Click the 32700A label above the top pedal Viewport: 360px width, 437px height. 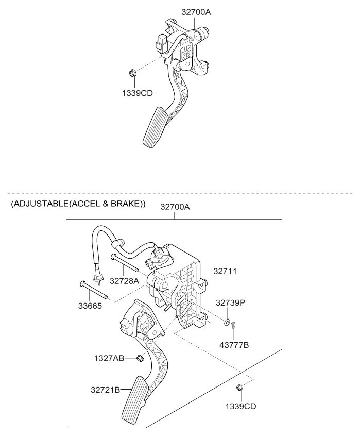pyautogui.click(x=196, y=12)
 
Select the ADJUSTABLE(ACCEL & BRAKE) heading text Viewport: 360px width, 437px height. pyautogui.click(x=78, y=205)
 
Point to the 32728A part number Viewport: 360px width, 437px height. pyautogui.click(x=124, y=281)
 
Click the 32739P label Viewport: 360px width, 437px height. pyautogui.click(x=230, y=303)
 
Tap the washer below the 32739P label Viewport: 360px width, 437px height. pyautogui.click(x=227, y=322)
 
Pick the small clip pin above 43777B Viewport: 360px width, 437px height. pyautogui.click(x=234, y=325)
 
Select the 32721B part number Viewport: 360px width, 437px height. pyautogui.click(x=106, y=390)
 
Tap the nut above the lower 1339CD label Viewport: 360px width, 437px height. pyautogui.click(x=239, y=388)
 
